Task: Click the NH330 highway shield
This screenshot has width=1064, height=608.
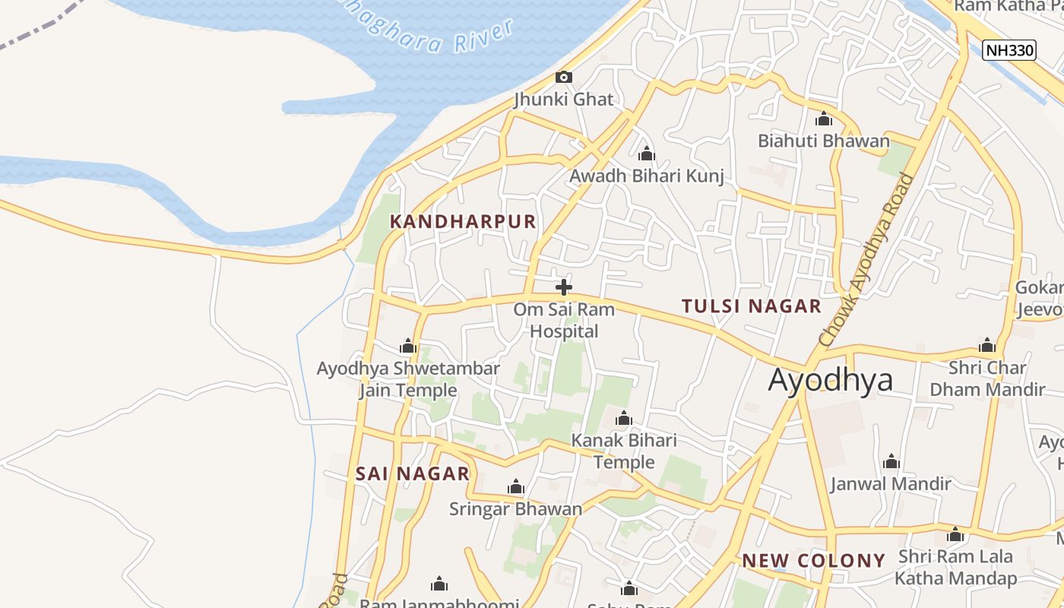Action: click(1009, 51)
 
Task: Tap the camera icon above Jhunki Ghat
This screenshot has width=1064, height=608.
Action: click(563, 77)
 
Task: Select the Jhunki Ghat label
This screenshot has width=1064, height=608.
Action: click(563, 99)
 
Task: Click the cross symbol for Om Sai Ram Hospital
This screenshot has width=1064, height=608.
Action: click(564, 287)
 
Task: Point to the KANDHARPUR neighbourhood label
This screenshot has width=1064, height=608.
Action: click(463, 222)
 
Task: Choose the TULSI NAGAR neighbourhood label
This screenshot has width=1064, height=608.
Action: click(751, 306)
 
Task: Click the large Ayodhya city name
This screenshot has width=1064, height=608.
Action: click(830, 379)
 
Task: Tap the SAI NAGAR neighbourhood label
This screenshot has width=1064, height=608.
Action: click(413, 473)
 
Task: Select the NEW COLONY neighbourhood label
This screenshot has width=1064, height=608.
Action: click(813, 561)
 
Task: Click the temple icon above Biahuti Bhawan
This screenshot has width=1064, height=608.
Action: click(824, 119)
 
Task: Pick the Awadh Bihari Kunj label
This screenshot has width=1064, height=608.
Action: click(647, 176)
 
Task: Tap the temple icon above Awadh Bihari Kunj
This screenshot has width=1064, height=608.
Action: click(647, 154)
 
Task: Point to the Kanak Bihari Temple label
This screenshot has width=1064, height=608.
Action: click(624, 451)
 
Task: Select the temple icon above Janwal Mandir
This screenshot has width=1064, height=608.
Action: click(891, 462)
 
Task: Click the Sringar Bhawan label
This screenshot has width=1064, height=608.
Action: click(515, 508)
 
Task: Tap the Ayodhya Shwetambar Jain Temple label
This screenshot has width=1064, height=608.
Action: click(408, 379)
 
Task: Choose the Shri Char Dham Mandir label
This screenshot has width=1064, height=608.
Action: click(987, 378)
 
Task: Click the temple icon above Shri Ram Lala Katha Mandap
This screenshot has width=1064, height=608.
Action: click(955, 535)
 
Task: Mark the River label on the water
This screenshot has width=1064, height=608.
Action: click(484, 37)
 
